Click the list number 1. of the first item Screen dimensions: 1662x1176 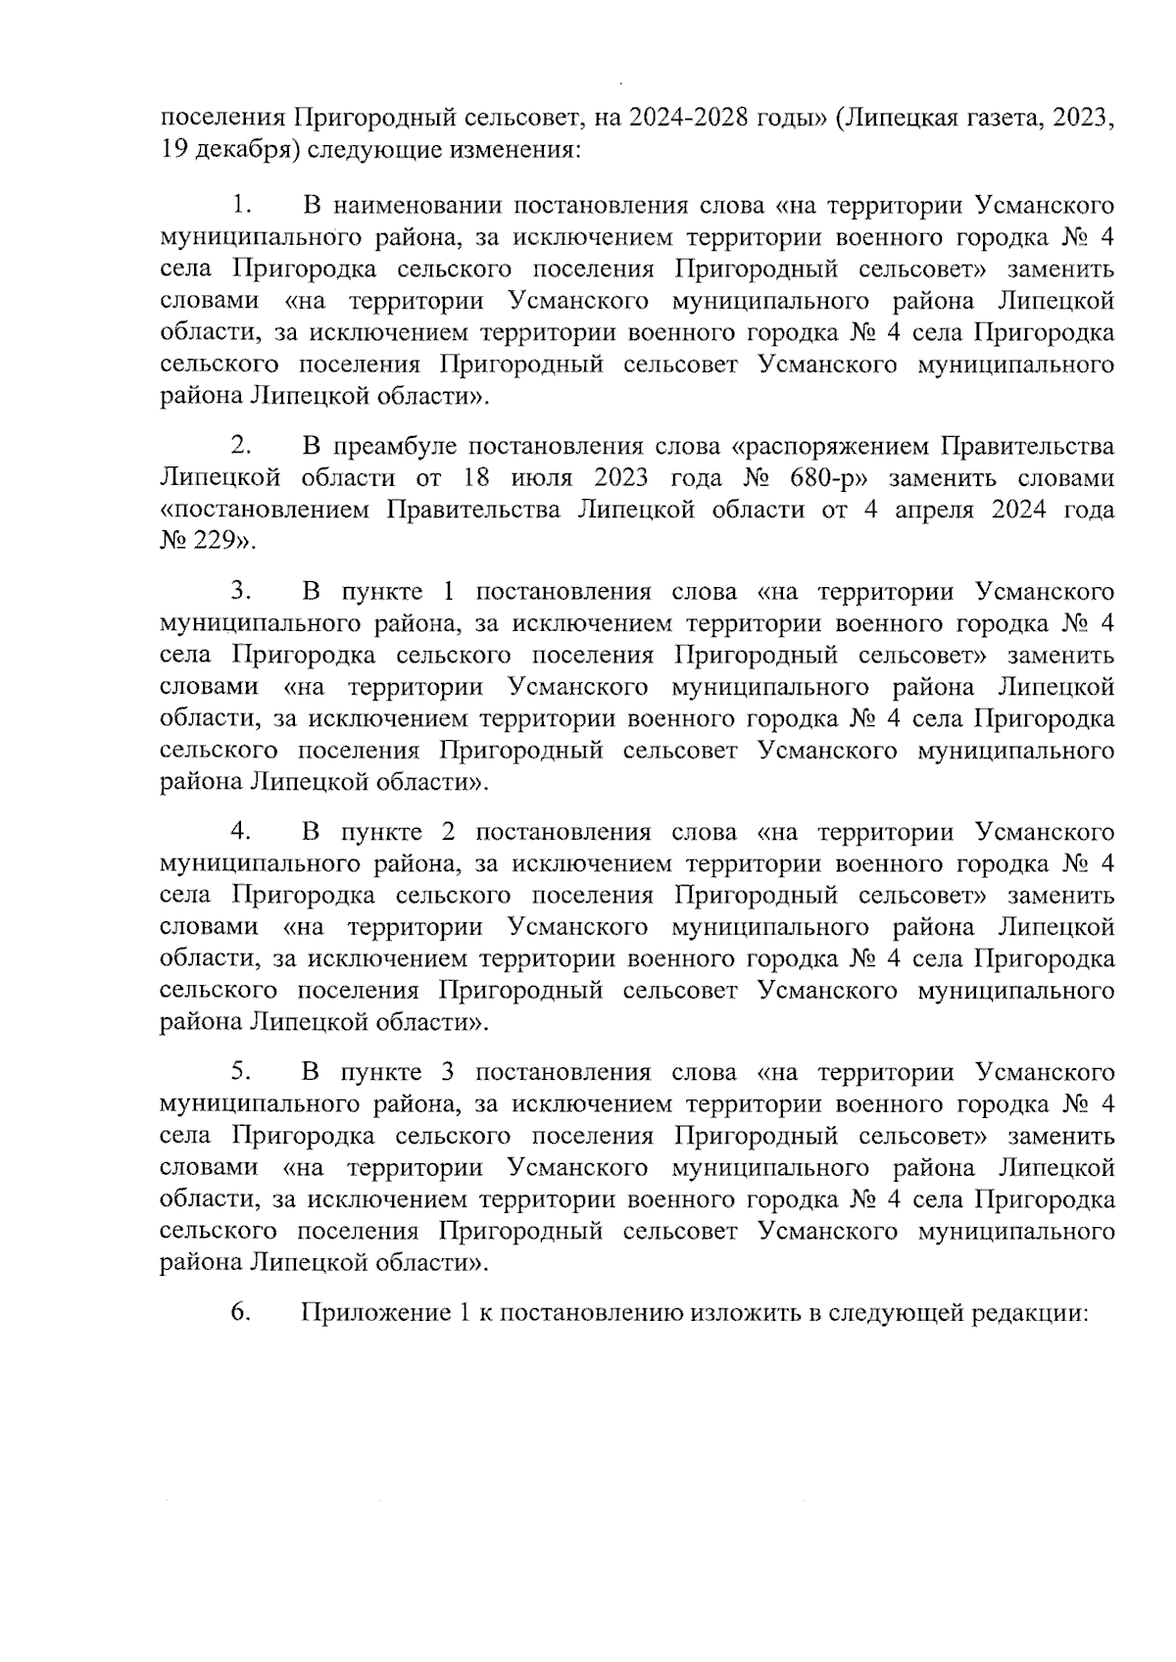[x=242, y=206]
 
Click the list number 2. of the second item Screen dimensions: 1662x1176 [x=242, y=447]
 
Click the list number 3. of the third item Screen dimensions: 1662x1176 [x=242, y=591]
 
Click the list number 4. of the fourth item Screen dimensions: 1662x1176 [x=242, y=832]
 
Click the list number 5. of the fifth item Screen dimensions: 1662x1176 [x=242, y=1072]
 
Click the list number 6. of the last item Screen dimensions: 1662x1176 [x=242, y=1313]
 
